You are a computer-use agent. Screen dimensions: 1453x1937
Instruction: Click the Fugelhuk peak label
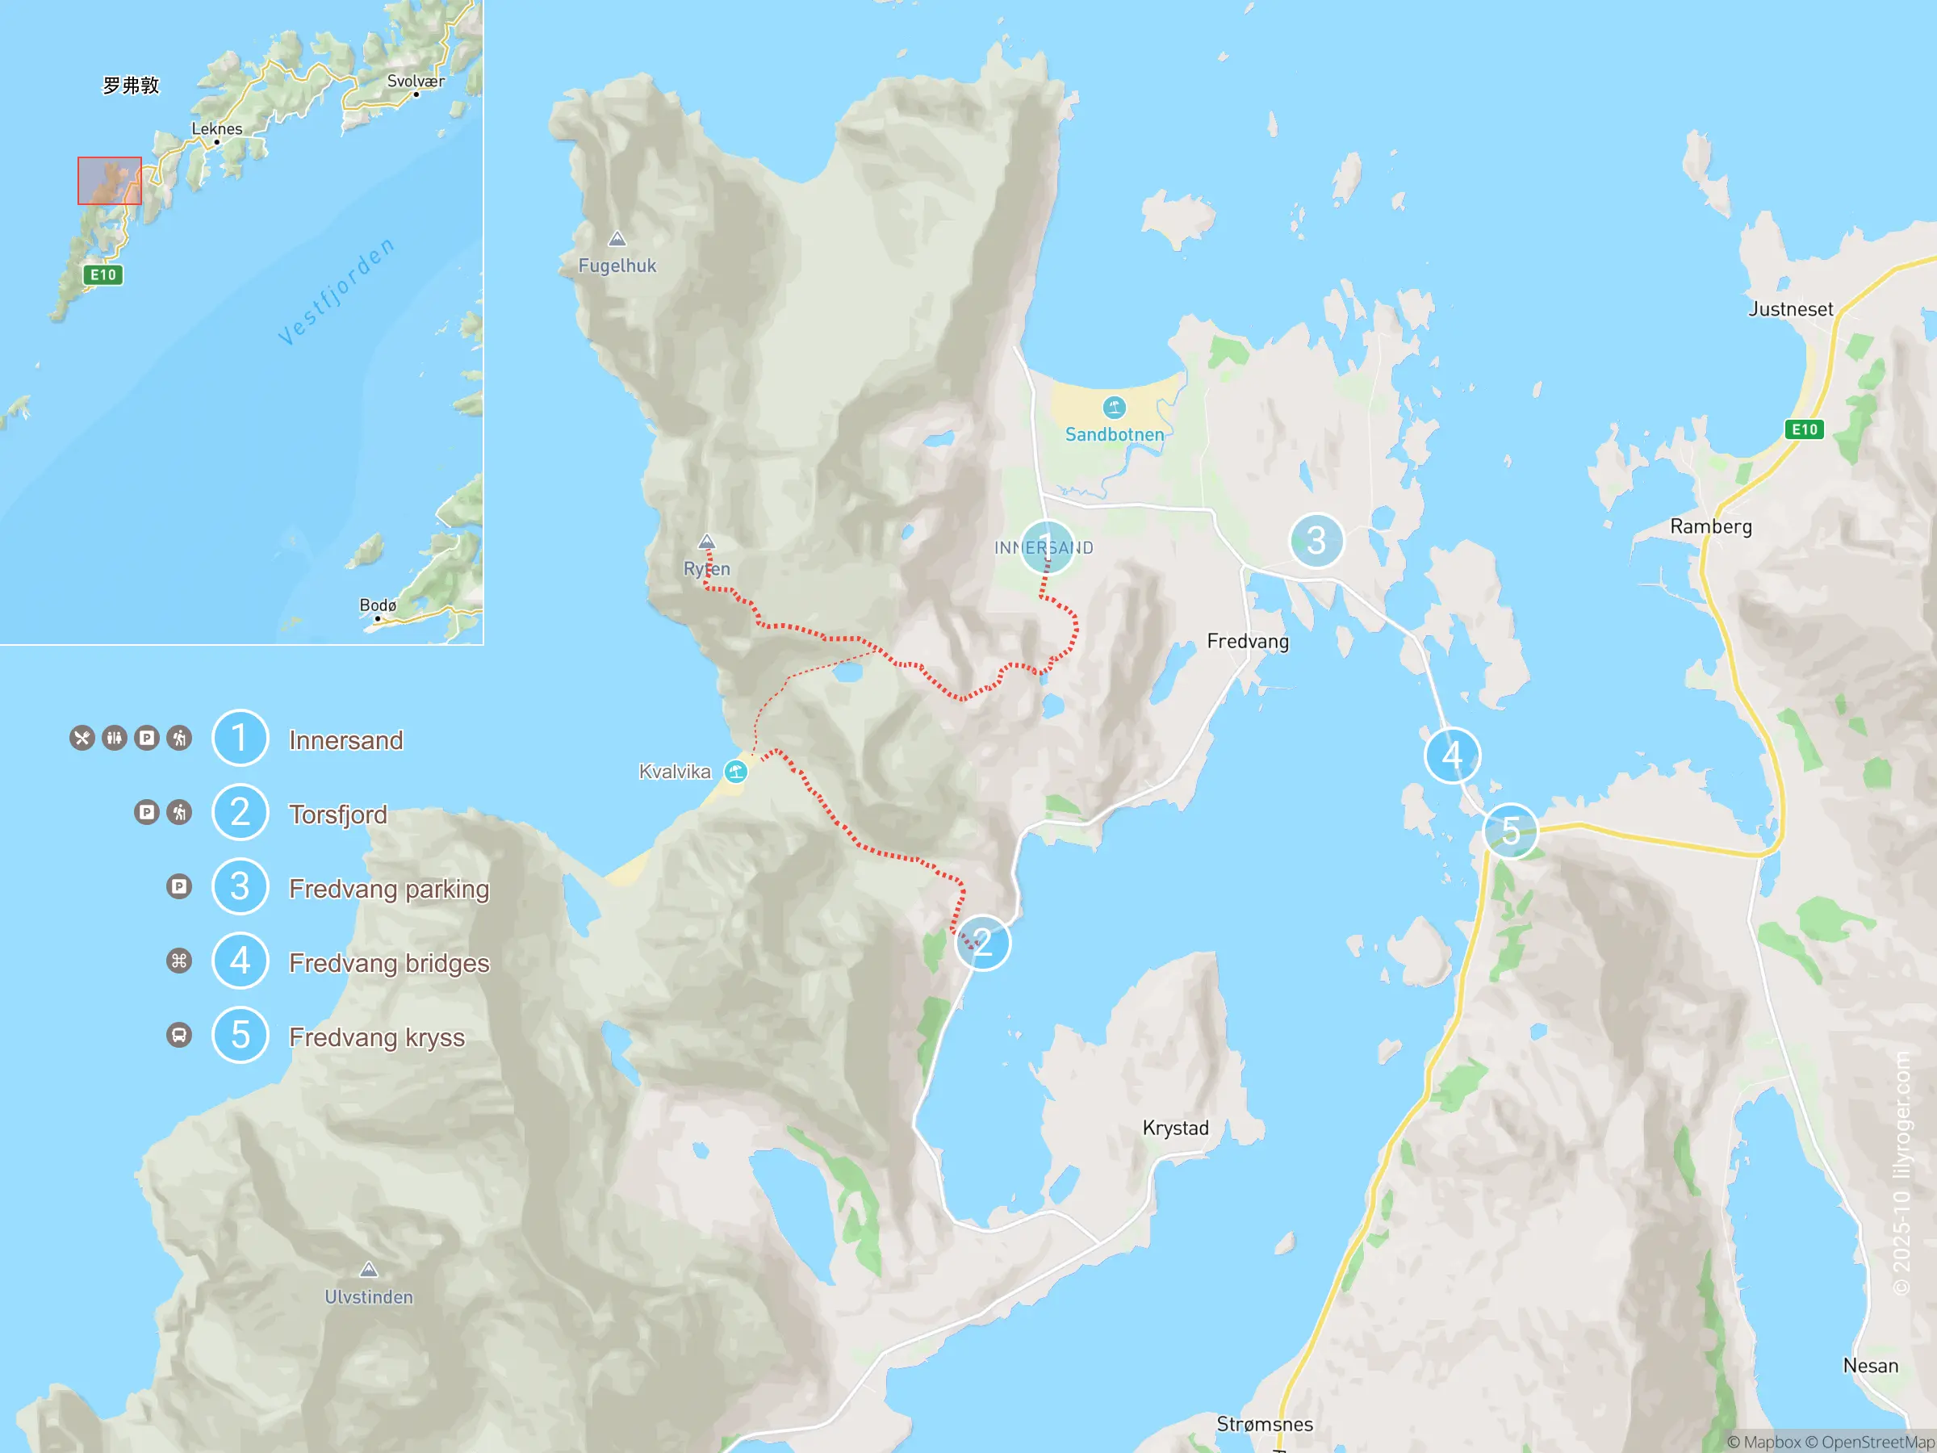(x=617, y=266)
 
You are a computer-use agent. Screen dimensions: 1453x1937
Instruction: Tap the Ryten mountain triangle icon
(x=707, y=542)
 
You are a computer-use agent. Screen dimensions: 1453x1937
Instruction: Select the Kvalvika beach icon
(x=735, y=772)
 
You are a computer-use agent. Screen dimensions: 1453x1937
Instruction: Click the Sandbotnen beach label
(x=1114, y=434)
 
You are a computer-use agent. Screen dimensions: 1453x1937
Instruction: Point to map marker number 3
(x=1316, y=540)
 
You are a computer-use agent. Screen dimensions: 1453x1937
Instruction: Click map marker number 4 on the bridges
(x=1452, y=755)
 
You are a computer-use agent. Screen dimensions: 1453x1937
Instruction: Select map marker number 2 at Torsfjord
(x=982, y=942)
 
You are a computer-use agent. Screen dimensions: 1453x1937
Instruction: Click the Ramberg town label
(x=1710, y=526)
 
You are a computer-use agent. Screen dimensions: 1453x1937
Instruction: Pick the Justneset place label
(x=1790, y=309)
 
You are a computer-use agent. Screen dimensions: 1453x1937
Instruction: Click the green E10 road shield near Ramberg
(x=1804, y=429)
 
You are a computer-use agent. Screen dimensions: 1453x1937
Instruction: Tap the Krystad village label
(x=1175, y=1127)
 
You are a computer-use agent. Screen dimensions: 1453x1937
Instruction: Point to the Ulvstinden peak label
(x=369, y=1296)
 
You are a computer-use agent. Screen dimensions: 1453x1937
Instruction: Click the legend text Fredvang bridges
(x=389, y=962)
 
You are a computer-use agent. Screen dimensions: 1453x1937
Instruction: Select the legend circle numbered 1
(x=240, y=738)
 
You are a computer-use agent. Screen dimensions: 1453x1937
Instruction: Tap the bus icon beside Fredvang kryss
(x=178, y=1035)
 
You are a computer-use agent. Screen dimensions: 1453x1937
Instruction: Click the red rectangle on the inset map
(x=110, y=181)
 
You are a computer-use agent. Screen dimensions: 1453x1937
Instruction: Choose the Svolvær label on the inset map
(x=416, y=82)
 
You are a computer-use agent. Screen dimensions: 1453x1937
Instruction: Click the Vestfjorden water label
(x=337, y=291)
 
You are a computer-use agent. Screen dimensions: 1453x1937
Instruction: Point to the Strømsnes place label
(x=1265, y=1424)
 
